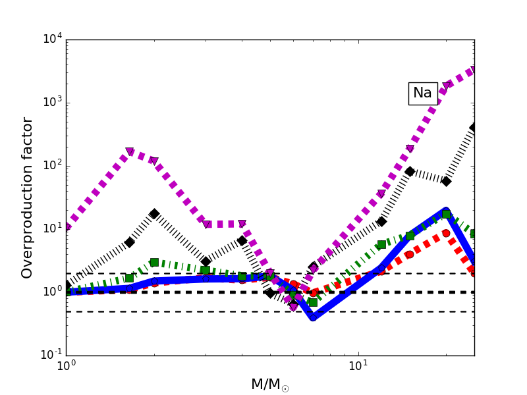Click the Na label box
pos(422,93)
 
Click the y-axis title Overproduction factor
pos(27,197)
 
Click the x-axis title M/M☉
pos(269,384)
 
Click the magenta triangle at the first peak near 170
pos(130,152)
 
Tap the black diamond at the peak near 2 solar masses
pos(154,213)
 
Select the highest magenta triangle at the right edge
pos(474,70)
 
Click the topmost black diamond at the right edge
pos(474,127)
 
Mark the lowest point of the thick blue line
pos(313,317)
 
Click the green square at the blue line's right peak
pos(446,214)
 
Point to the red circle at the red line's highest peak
pos(446,233)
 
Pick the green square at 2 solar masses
pos(154,262)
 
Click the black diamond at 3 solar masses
pos(206,261)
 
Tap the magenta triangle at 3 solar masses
pos(207,224)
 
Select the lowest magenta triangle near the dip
pos(294,307)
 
